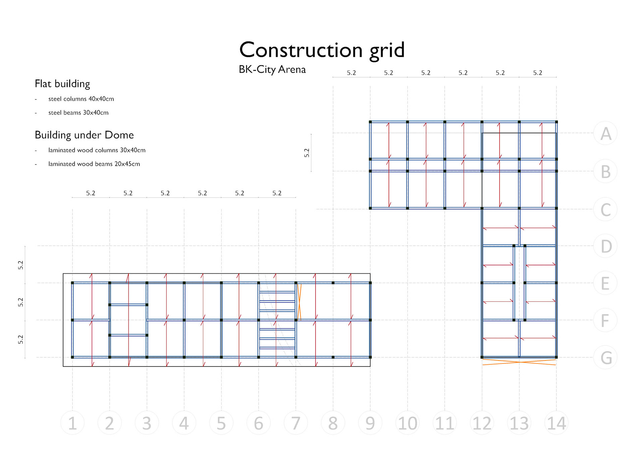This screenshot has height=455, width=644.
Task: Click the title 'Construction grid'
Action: click(x=322, y=50)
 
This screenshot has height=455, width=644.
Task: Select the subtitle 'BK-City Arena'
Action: click(x=272, y=69)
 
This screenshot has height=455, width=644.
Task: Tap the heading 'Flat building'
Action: click(x=62, y=83)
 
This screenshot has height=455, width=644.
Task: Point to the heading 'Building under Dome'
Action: click(x=84, y=135)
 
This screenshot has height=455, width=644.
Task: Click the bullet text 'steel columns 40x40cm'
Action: click(x=81, y=99)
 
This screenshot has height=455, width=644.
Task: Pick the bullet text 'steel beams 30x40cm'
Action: click(x=78, y=113)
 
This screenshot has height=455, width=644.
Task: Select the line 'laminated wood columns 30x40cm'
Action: click(x=97, y=150)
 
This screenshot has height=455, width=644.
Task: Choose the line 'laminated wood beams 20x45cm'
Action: click(x=94, y=164)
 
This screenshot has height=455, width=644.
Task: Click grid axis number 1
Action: click(x=72, y=423)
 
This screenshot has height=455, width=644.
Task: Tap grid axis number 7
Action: click(x=296, y=423)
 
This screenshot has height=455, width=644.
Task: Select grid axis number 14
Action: click(x=556, y=423)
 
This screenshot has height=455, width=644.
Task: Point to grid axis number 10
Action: click(x=408, y=423)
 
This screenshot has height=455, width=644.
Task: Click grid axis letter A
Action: click(x=605, y=133)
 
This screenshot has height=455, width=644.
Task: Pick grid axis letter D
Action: click(x=605, y=246)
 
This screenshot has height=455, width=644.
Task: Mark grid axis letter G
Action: click(x=605, y=357)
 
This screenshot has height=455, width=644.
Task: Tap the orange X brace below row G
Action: click(x=519, y=362)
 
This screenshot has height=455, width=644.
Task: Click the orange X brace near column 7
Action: click(x=299, y=302)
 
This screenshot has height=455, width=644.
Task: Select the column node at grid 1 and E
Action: click(x=72, y=283)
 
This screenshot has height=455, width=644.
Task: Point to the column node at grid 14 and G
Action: click(x=556, y=357)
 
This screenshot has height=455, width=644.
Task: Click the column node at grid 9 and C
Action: click(x=370, y=208)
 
